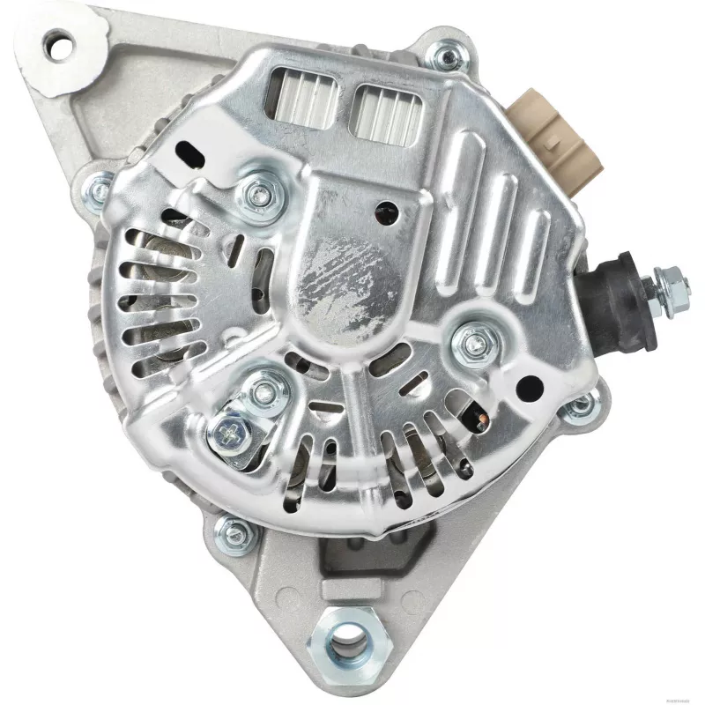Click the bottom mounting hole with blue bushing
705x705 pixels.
[x=350, y=637]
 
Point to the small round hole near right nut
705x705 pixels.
[x=531, y=384]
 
